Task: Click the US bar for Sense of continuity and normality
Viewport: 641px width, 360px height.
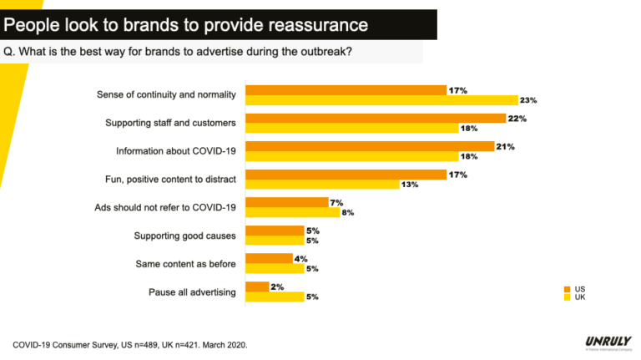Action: (346, 89)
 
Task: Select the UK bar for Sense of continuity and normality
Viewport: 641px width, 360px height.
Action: (381, 100)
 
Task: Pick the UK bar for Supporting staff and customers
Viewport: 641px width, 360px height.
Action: (351, 129)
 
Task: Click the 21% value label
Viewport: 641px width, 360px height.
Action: (504, 146)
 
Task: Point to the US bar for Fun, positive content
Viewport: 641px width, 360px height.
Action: (346, 175)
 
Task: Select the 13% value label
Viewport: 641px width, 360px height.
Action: (409, 185)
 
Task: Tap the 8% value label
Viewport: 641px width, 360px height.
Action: (347, 213)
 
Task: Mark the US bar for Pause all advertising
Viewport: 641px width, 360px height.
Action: (256, 287)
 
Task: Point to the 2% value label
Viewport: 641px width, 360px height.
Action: (277, 287)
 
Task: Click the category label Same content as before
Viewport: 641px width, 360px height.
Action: (185, 264)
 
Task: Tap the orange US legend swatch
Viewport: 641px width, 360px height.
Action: (568, 289)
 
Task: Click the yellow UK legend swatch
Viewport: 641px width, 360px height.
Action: (568, 297)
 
